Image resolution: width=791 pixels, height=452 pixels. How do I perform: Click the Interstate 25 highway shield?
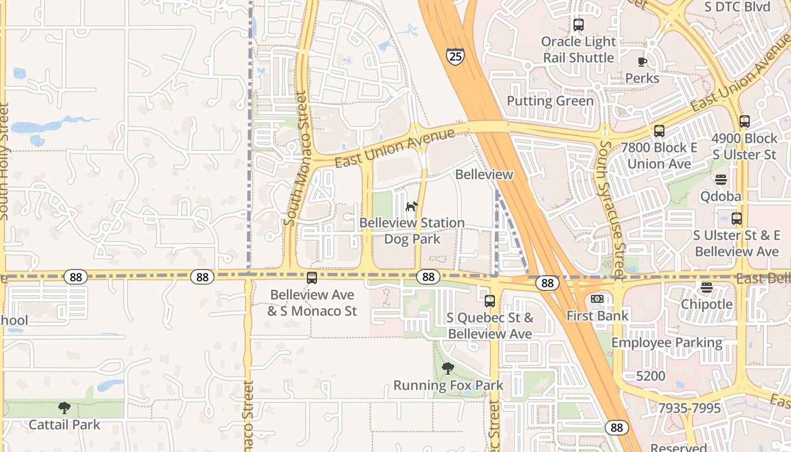(x=455, y=56)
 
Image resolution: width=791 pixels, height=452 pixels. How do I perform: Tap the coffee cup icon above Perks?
(x=642, y=62)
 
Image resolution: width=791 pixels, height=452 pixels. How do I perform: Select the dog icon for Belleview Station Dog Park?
(x=412, y=206)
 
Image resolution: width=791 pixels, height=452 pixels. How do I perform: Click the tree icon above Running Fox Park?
(x=448, y=368)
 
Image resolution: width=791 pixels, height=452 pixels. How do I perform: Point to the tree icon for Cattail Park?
(x=64, y=407)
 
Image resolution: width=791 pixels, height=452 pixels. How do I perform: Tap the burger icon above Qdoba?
(x=720, y=180)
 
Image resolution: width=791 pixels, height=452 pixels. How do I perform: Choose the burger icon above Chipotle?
(x=706, y=288)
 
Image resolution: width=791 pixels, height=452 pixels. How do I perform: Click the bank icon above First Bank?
(x=597, y=299)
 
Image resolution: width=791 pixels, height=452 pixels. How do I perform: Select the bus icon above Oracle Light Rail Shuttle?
(x=578, y=25)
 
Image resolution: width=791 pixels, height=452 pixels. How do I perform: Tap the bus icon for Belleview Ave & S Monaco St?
(x=311, y=278)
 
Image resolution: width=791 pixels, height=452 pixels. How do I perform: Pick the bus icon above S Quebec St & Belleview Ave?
(x=490, y=301)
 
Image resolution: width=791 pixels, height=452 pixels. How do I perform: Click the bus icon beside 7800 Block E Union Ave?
(x=659, y=131)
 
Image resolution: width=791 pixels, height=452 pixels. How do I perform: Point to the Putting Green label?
(x=550, y=101)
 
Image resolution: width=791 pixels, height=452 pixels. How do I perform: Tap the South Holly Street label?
(x=5, y=161)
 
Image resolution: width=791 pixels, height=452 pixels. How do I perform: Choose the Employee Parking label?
(x=667, y=343)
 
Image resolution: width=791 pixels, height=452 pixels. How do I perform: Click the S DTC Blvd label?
(x=737, y=7)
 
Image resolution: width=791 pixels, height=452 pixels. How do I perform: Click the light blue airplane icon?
(x=411, y=29)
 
